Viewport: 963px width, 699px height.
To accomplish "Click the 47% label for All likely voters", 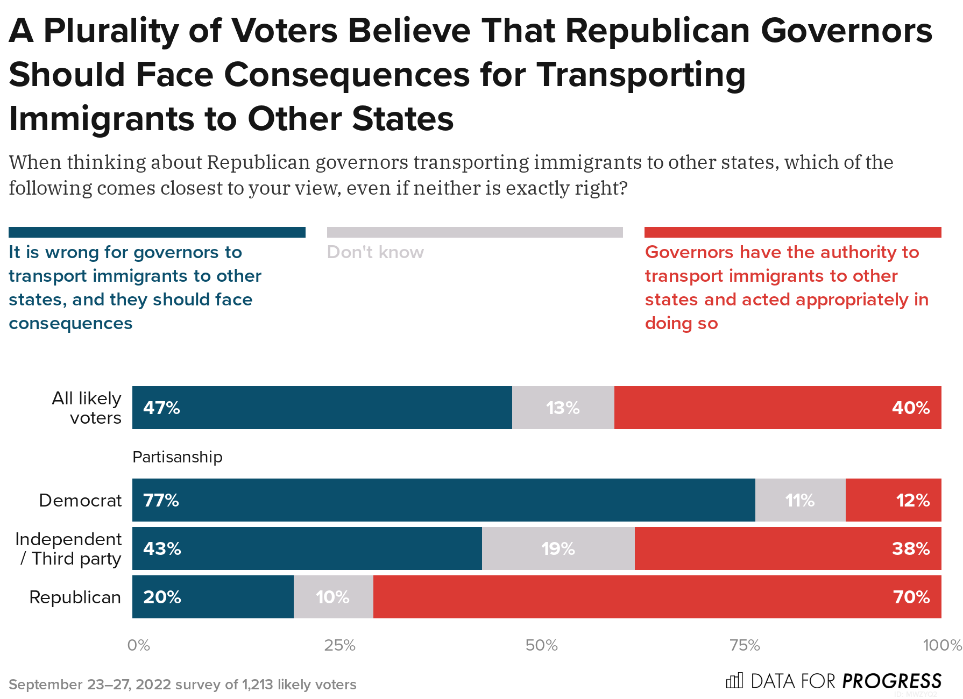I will (x=161, y=408).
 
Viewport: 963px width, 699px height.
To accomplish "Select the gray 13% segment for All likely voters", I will (x=563, y=408).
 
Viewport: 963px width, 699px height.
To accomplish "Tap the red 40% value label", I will (x=910, y=408).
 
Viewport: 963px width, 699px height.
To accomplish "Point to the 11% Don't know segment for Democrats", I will (x=800, y=500).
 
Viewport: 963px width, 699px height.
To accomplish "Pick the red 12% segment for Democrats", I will (x=893, y=500).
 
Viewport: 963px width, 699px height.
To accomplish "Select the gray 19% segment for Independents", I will (x=558, y=548).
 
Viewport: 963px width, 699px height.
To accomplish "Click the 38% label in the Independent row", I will (x=910, y=548).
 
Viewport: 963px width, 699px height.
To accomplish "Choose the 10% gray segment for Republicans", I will (x=333, y=597).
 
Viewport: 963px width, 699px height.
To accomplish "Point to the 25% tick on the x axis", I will (x=339, y=645).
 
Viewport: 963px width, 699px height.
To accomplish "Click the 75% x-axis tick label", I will (x=745, y=645).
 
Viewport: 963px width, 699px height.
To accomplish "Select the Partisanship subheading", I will (x=177, y=457).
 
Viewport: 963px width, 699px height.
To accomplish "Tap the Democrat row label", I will (x=80, y=501).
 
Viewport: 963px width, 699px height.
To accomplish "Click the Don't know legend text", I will (x=375, y=252).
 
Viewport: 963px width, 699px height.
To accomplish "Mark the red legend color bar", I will (x=792, y=232).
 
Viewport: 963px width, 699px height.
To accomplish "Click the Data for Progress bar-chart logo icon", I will (x=734, y=681).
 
